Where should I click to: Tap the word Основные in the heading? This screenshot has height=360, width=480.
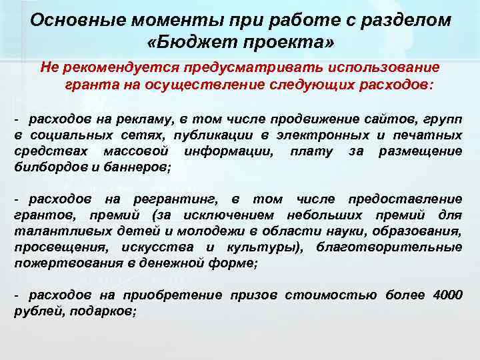point(70,19)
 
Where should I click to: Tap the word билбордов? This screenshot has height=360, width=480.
point(45,167)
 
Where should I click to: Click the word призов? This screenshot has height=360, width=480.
point(257,295)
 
